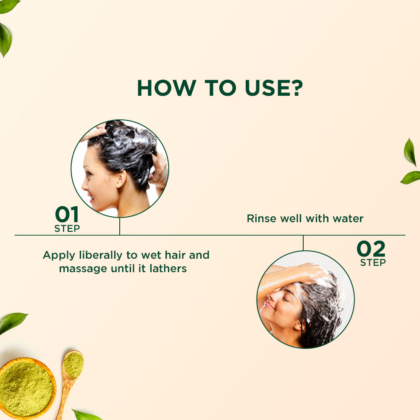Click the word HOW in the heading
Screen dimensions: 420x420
coord(167,88)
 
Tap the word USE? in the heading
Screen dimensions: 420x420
coord(274,88)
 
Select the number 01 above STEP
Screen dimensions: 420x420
coord(67,214)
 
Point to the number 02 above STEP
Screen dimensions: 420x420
coord(371,249)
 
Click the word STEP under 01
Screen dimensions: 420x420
coord(67,228)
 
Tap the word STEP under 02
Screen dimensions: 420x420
coord(373,262)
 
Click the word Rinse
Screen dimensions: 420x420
coord(261,218)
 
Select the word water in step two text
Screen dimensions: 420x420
coord(348,219)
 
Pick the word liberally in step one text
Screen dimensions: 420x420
coord(101,255)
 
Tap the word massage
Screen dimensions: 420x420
coord(83,269)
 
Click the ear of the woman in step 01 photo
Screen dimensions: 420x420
coord(121,178)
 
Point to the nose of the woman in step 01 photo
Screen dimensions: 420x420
coord(85,184)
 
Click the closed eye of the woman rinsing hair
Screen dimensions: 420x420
coord(286,299)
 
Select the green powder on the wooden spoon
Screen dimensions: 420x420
coord(73,365)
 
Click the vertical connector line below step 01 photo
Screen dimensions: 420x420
coord(119,226)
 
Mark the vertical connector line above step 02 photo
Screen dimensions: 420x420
coord(303,243)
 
